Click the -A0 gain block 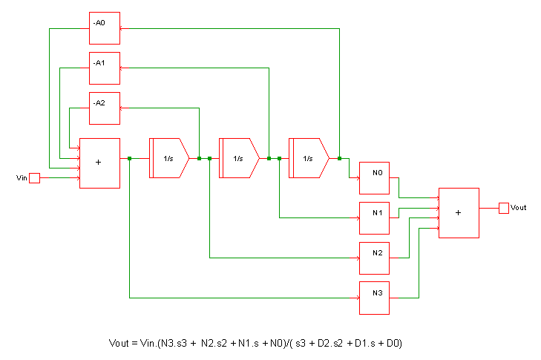click(105, 28)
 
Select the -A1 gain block click(105, 68)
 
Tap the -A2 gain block click(105, 108)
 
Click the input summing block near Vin click(99, 163)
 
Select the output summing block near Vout click(459, 213)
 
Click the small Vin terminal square click(34, 178)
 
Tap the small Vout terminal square click(504, 207)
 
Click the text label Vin click(22, 178)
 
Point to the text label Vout click(519, 208)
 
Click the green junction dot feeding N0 click(339, 158)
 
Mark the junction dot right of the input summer click(130, 158)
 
